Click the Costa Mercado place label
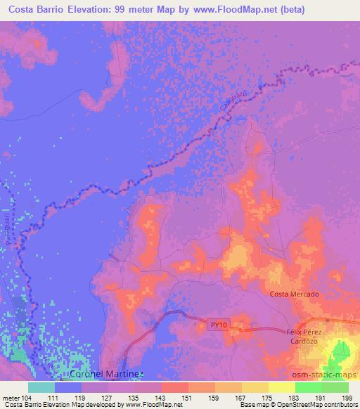(295, 294)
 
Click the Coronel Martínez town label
(108, 375)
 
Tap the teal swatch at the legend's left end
(41, 387)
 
